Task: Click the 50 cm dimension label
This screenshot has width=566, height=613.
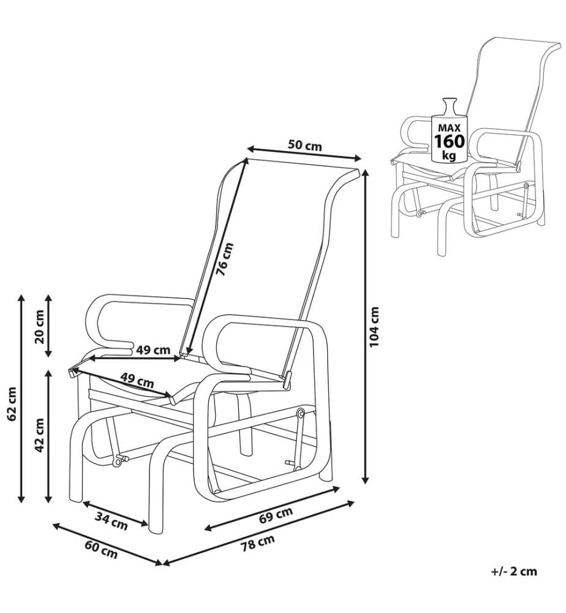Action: tap(304, 145)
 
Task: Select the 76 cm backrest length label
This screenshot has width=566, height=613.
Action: tap(225, 259)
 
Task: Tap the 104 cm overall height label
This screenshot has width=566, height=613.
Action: tap(374, 327)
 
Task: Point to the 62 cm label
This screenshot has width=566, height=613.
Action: tap(12, 404)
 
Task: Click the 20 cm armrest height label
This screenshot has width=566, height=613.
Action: tap(39, 327)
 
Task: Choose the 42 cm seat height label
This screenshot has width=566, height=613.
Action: tap(39, 435)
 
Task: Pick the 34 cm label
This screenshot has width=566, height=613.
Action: tap(111, 521)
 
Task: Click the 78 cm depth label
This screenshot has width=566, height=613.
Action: tap(257, 543)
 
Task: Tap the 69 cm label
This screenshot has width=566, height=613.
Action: tap(276, 516)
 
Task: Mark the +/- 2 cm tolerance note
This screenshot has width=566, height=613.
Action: tap(514, 571)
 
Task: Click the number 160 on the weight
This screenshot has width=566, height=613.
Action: tap(449, 141)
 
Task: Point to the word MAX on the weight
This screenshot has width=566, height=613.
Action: tap(449, 128)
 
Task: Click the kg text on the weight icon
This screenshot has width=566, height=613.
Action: tap(449, 155)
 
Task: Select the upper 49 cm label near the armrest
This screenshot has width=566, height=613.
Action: tap(153, 349)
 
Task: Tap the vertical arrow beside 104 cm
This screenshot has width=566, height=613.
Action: tap(365, 326)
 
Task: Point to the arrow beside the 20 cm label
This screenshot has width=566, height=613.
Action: tap(48, 326)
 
